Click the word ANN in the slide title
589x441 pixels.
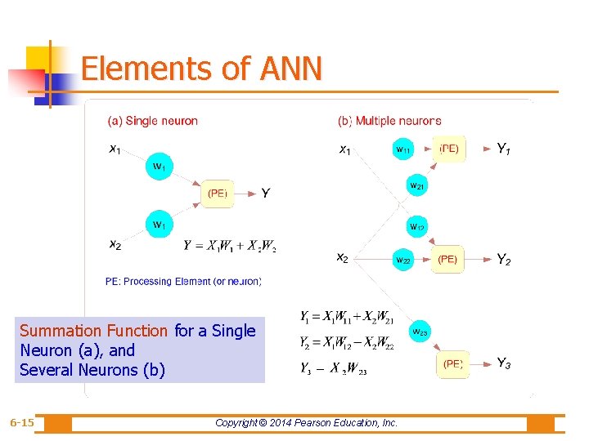click(290, 69)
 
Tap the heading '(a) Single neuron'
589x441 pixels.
click(153, 121)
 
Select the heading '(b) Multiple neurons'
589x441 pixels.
click(389, 121)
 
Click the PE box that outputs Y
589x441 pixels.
click(218, 194)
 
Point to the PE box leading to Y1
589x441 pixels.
click(449, 149)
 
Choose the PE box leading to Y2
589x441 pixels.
click(447, 260)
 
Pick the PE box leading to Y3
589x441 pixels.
click(452, 364)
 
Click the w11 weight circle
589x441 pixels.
click(404, 149)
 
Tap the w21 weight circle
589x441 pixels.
click(417, 186)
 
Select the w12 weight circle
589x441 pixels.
click(417, 226)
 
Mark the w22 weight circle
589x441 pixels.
click(404, 260)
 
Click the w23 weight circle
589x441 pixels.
click(419, 332)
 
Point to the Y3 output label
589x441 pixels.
click(504, 364)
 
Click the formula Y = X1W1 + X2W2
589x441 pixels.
click(230, 245)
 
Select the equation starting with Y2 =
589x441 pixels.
click(347, 341)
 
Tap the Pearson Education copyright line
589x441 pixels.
click(306, 423)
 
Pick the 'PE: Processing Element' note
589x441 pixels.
click(183, 282)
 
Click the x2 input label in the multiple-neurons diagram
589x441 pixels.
click(343, 258)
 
